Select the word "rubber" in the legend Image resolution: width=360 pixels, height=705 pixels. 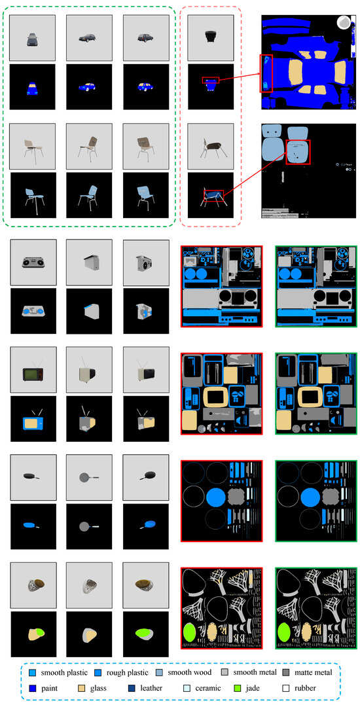[305, 688]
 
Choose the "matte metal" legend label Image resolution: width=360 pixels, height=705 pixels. [314, 673]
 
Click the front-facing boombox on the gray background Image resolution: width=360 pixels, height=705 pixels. [33, 262]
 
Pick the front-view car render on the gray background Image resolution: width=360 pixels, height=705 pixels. [32, 39]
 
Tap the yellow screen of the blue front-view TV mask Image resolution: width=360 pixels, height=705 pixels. [31, 422]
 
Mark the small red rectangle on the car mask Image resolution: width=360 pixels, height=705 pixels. [210, 80]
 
